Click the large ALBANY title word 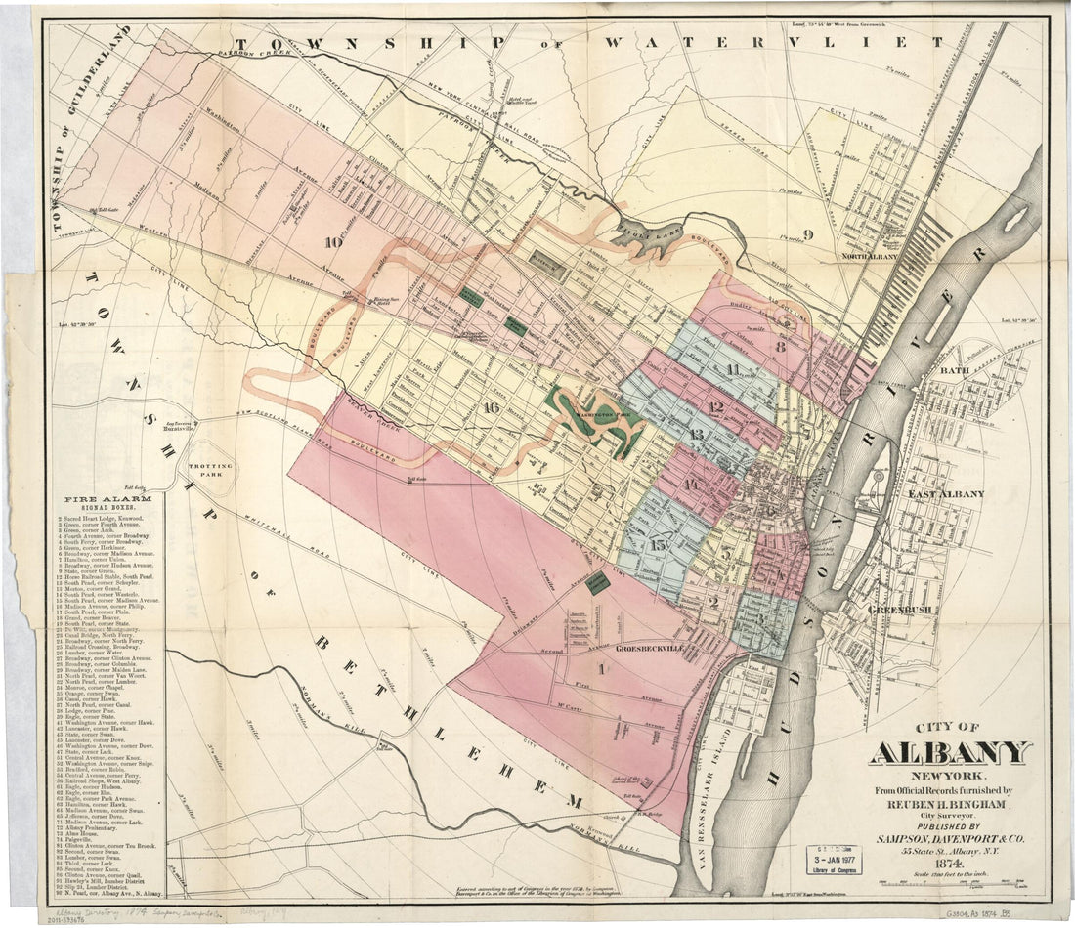coord(949,753)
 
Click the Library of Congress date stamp coord(838,857)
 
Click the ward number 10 coord(334,242)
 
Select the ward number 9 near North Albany coord(807,233)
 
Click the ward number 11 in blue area coord(732,368)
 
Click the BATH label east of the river coord(953,372)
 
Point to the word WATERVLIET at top coord(772,43)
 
